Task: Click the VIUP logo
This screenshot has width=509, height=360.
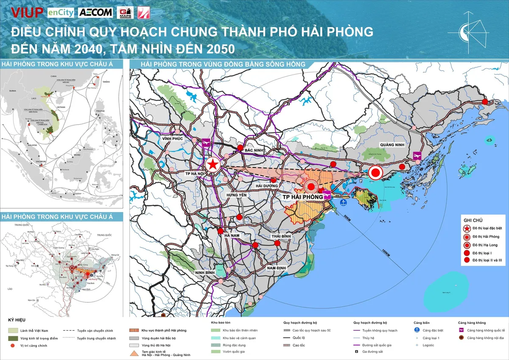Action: click(x=27, y=12)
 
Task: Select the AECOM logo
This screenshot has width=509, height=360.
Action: click(x=95, y=12)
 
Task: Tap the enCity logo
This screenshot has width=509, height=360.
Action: click(x=61, y=12)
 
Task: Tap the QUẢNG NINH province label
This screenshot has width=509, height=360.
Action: click(x=392, y=145)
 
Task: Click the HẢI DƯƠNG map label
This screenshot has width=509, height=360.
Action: click(x=267, y=186)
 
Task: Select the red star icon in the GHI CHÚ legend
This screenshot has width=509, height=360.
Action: click(x=467, y=229)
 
